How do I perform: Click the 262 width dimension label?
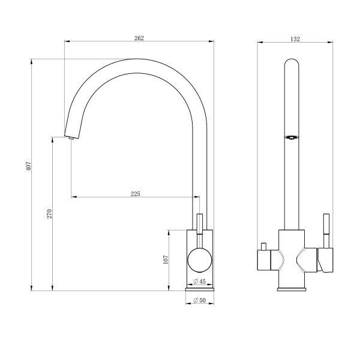[139, 38]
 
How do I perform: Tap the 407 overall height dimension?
[28, 166]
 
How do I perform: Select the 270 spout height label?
[50, 214]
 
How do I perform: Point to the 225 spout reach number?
[136, 194]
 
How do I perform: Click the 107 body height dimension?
[166, 259]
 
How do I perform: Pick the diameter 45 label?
[199, 281]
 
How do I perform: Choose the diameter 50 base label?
[199, 300]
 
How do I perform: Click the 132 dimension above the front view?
[295, 39]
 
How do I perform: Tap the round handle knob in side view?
[200, 260]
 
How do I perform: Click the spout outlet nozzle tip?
[71, 138]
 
